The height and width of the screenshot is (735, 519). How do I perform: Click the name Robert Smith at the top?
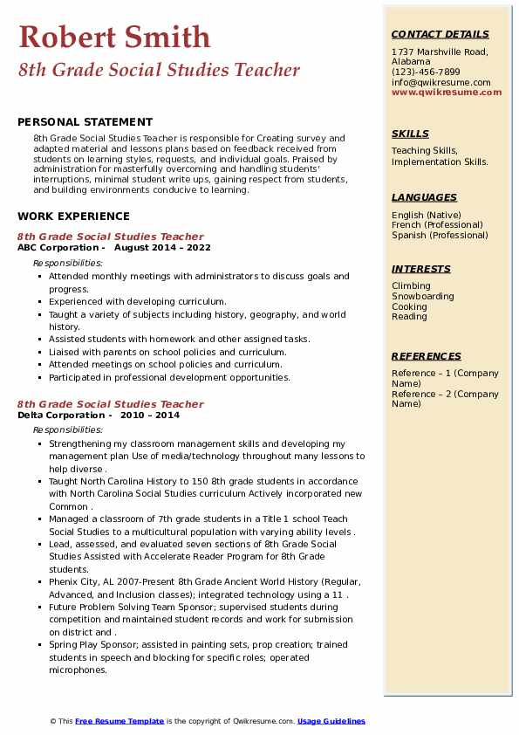pyautogui.click(x=114, y=37)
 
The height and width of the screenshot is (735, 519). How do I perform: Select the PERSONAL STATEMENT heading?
pyautogui.click(x=85, y=122)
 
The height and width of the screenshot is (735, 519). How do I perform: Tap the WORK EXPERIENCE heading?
pyautogui.click(x=73, y=216)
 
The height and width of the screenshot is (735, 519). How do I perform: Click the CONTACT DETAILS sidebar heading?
pyautogui.click(x=440, y=34)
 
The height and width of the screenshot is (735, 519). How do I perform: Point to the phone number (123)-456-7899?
pyautogui.click(x=426, y=72)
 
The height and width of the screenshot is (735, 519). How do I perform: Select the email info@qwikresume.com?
pyautogui.click(x=440, y=83)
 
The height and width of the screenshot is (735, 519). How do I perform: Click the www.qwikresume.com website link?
pyautogui.click(x=440, y=93)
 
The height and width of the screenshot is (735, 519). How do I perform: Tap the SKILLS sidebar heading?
pyautogui.click(x=410, y=134)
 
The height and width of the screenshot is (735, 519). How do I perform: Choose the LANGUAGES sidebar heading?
pyautogui.click(x=424, y=197)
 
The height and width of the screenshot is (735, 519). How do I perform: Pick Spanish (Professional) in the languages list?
pyautogui.click(x=440, y=235)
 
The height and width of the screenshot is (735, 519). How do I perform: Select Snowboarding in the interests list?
pyautogui.click(x=422, y=297)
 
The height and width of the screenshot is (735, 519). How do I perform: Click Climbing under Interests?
pyautogui.click(x=411, y=286)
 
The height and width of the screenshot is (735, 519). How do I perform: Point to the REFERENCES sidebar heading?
pyautogui.click(x=427, y=356)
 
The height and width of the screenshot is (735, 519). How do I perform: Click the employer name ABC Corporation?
pyautogui.click(x=58, y=247)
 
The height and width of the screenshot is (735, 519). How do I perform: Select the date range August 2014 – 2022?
pyautogui.click(x=162, y=247)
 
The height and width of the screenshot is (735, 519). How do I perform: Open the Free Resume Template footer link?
pyautogui.click(x=120, y=721)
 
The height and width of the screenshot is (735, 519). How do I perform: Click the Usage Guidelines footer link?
pyautogui.click(x=331, y=721)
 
